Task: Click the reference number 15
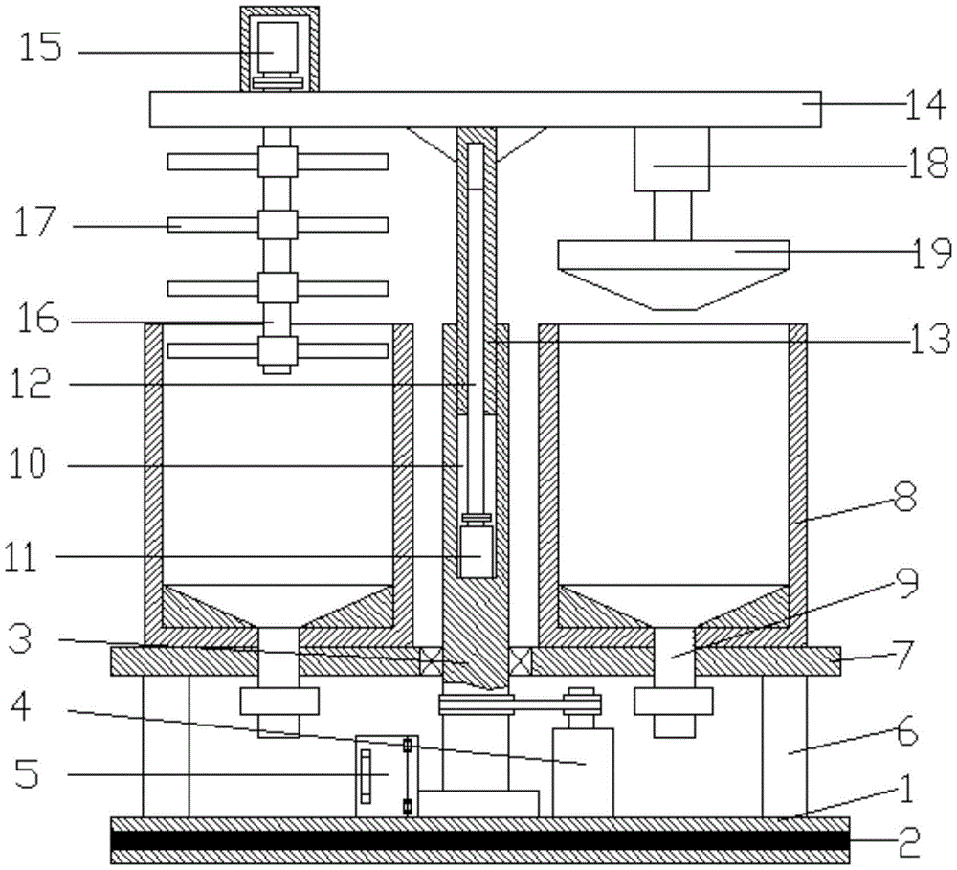click(40, 47)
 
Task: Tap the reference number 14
click(925, 105)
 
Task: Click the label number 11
click(23, 557)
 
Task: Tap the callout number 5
click(26, 773)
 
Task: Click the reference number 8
click(905, 499)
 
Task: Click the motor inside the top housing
click(278, 48)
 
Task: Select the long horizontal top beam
click(485, 109)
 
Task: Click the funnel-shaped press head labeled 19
click(673, 275)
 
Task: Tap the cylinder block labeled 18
click(672, 159)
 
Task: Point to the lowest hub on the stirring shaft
click(278, 350)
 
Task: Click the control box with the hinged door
click(387, 775)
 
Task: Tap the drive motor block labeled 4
click(583, 772)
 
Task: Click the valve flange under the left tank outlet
click(278, 702)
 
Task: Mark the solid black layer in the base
click(479, 839)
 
